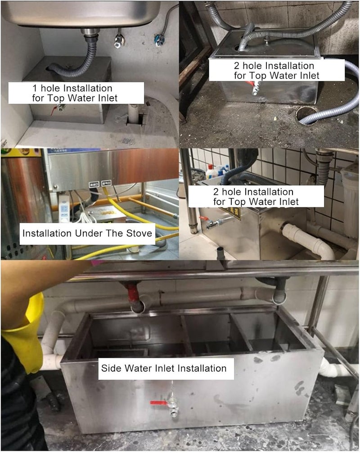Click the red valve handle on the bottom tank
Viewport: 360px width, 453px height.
(158, 403)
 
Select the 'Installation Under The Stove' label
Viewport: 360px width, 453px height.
(87, 233)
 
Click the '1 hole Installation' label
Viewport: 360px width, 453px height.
(72, 88)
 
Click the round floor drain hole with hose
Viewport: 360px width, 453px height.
(307, 115)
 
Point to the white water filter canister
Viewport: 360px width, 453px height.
(351, 202)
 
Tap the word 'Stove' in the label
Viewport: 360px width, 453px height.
(139, 233)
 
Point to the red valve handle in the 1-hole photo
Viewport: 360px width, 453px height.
(54, 110)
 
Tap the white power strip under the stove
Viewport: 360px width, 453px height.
(64, 207)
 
